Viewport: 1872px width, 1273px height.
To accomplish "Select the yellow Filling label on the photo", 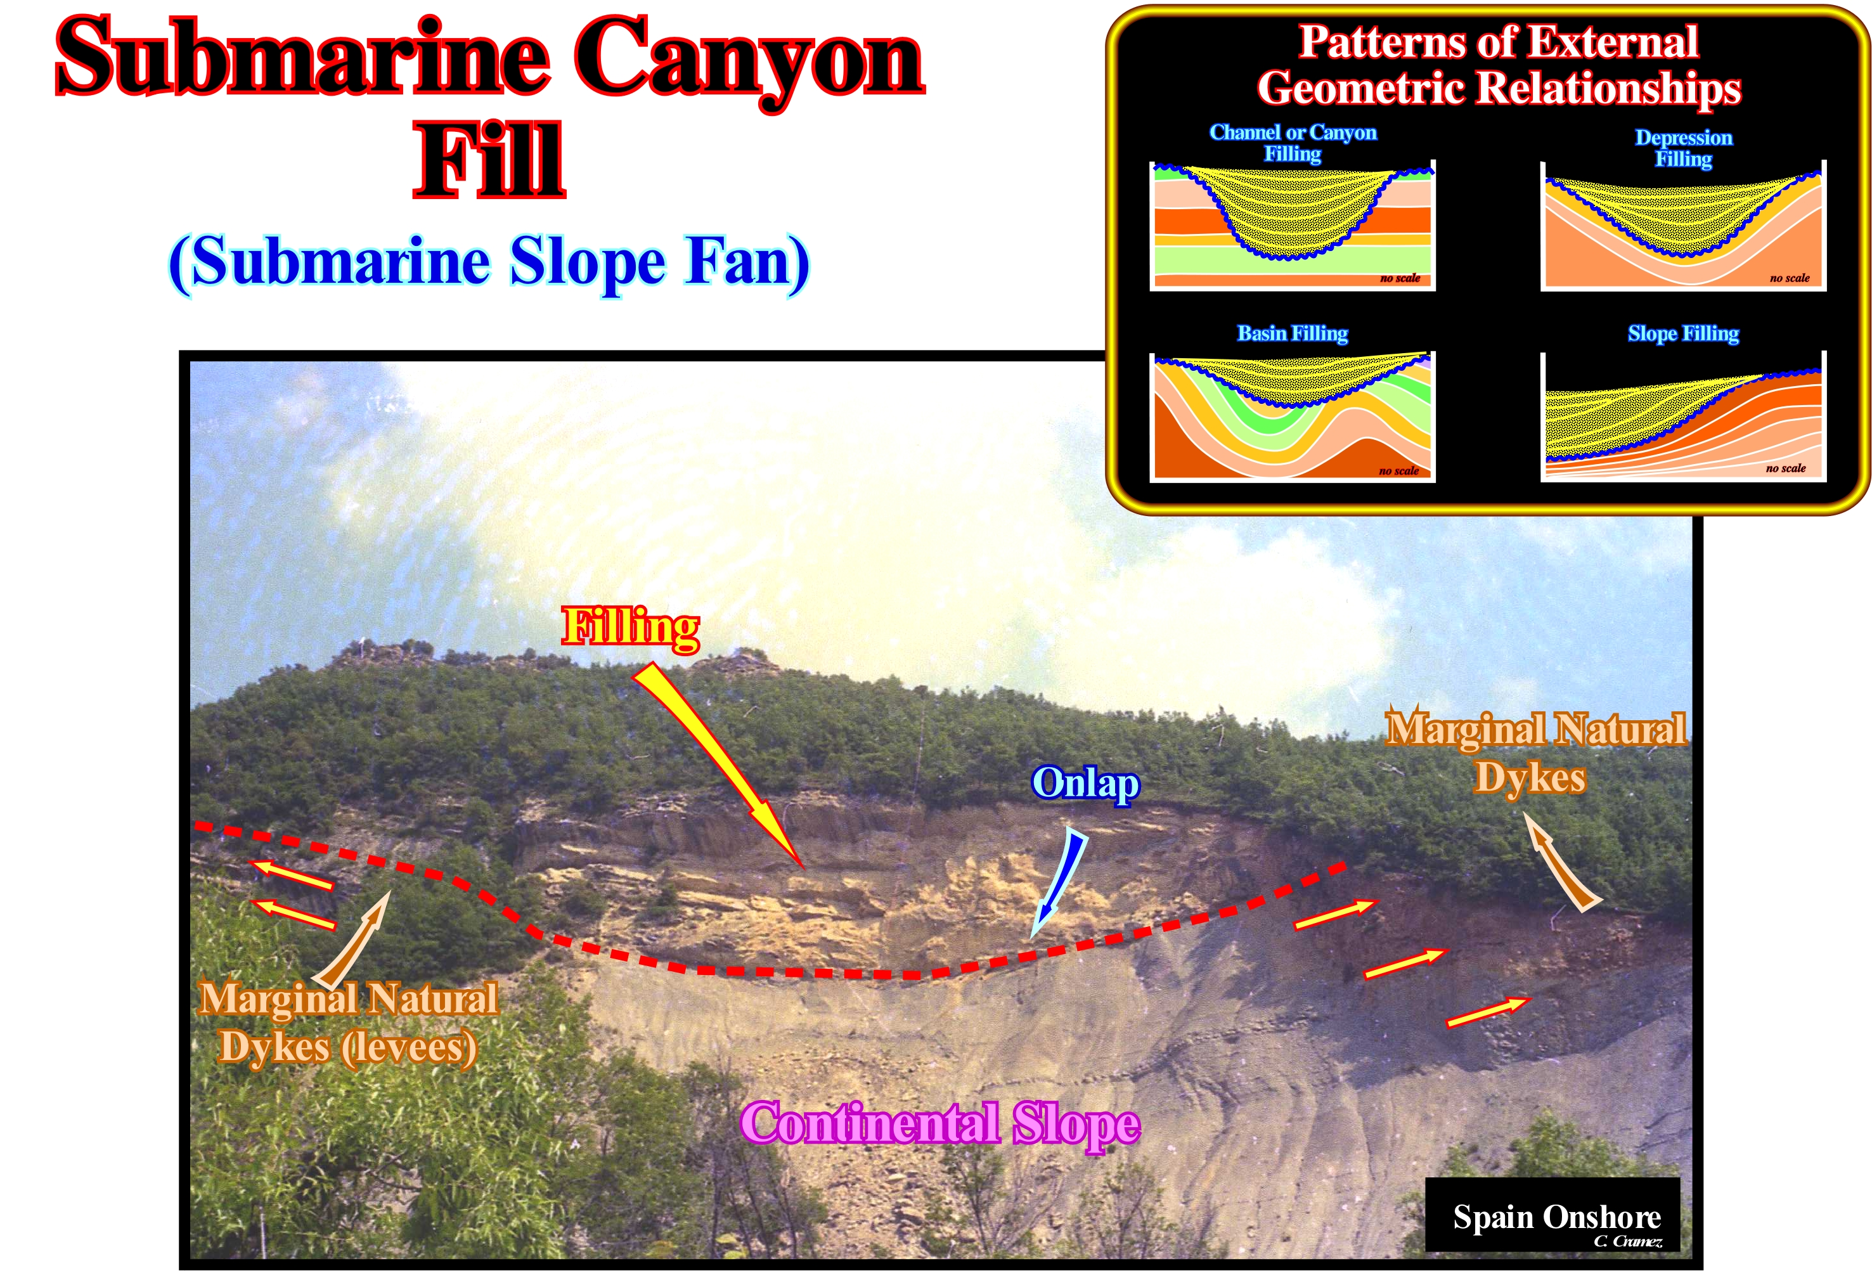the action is click(631, 628).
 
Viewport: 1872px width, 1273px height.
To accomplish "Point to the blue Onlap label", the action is click(1085, 783).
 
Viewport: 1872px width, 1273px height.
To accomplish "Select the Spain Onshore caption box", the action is click(1552, 1214).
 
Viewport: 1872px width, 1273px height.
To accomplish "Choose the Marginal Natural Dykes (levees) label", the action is click(348, 1023).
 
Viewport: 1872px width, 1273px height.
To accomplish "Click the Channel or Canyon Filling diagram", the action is click(1292, 225).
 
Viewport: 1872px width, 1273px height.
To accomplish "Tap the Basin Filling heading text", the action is click(1292, 333).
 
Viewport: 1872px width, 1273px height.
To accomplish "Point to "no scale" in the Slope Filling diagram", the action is click(1785, 468).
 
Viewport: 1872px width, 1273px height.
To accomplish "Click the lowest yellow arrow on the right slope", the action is click(1487, 1012).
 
